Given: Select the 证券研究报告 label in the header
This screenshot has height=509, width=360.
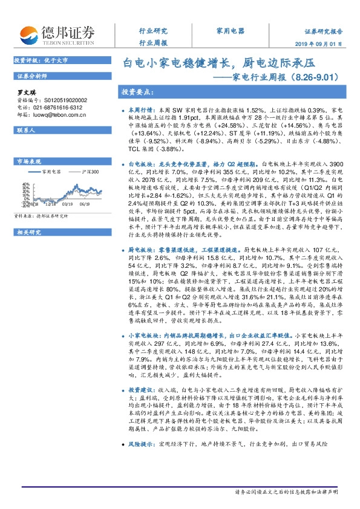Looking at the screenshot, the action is click(x=323, y=31).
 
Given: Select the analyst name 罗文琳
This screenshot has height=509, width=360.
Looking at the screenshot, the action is click(x=26, y=92).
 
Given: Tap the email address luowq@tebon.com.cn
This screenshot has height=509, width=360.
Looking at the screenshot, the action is click(x=51, y=114).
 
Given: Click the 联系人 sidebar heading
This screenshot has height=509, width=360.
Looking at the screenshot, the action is click(x=28, y=130).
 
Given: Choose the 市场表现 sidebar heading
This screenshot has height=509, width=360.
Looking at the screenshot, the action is click(x=29, y=161).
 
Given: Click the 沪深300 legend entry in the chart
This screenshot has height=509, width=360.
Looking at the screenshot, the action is click(x=87, y=172).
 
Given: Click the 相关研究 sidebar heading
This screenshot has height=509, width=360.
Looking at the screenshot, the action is click(x=29, y=232).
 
